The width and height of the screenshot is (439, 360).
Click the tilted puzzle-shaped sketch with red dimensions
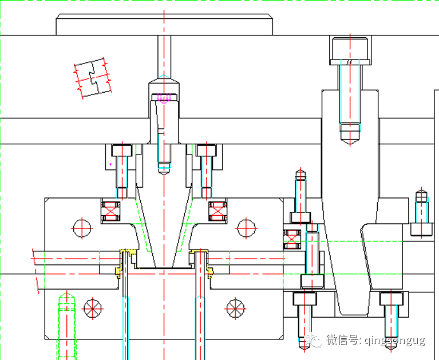tap(92, 78)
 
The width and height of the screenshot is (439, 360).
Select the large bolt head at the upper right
tap(350, 50)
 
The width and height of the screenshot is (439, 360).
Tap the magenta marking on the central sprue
tap(164, 98)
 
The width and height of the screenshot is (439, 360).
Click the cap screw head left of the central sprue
tap(121, 150)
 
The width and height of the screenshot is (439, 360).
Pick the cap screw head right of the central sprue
tap(205, 150)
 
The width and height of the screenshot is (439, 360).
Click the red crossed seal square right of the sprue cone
tap(217, 211)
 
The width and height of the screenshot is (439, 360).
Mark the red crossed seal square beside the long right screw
tap(292, 239)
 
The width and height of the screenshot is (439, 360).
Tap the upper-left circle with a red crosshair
tap(82, 227)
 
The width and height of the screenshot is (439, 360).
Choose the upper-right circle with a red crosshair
tap(246, 227)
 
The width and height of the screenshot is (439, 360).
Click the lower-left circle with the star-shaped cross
tap(92, 308)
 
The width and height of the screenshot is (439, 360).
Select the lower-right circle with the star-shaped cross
tap(235, 308)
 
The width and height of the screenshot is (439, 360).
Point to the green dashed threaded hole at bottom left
tap(66, 326)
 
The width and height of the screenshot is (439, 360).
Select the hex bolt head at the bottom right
tap(391, 299)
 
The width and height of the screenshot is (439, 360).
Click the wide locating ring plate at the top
tap(164, 25)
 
